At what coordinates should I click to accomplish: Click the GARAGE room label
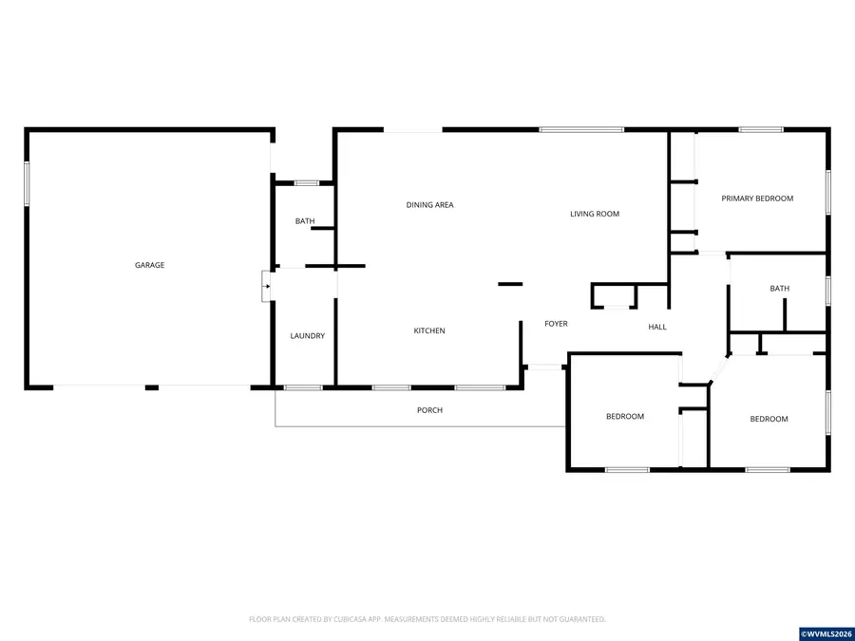click(149, 265)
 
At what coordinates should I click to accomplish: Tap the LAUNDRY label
click(307, 336)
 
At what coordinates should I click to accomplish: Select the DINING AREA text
click(429, 205)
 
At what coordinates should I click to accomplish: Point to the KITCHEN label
click(429, 330)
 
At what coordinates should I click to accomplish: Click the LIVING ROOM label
click(595, 214)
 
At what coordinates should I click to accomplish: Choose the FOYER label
click(556, 324)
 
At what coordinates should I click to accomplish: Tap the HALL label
click(657, 327)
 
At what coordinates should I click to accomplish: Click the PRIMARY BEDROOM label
click(757, 198)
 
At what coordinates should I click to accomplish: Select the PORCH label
click(429, 410)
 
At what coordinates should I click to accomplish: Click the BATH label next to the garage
click(305, 221)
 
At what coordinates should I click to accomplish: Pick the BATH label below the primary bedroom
click(779, 289)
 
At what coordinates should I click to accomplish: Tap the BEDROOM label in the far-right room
click(769, 419)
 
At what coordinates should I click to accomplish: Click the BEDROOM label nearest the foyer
click(625, 416)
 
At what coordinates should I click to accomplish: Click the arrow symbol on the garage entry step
click(267, 285)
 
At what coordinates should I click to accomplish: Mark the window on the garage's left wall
click(27, 183)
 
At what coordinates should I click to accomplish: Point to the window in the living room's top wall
click(581, 129)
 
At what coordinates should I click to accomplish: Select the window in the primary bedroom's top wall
click(761, 129)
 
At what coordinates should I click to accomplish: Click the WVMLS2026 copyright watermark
click(826, 633)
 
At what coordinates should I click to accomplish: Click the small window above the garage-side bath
click(306, 182)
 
